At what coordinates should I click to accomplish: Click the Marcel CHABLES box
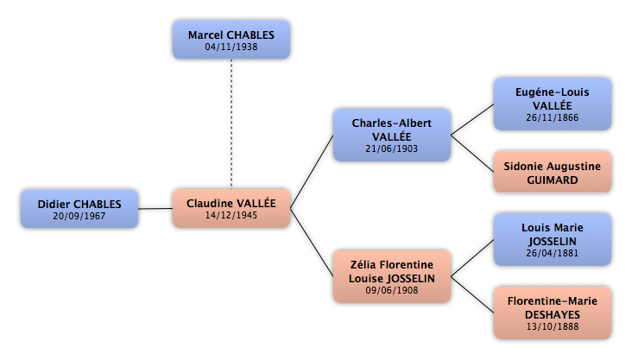point(231,40)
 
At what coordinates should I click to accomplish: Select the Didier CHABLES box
point(79,209)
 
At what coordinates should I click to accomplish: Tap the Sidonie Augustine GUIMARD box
point(553,172)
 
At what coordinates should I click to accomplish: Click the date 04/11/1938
point(231,47)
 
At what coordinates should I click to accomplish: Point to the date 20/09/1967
point(79,216)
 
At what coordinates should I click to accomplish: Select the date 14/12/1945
point(231,215)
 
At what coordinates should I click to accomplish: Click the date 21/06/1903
point(391,148)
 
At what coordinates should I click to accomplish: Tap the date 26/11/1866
point(553,117)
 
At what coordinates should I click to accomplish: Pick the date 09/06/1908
point(392,290)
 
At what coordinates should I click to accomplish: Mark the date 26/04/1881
point(553,253)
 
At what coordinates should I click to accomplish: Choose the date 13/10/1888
point(553,326)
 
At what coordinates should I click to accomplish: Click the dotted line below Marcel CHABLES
point(231,123)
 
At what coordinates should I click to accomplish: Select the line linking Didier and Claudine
point(155,208)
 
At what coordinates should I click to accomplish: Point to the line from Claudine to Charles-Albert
point(312,172)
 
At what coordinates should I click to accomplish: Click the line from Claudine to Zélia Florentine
point(312,243)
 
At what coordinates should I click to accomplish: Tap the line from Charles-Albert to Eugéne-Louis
point(472,119)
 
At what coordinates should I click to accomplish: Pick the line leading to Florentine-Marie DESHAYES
point(472,294)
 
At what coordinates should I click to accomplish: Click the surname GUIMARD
point(553,180)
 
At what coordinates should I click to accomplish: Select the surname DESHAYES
point(553,315)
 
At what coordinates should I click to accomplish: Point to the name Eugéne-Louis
point(553,92)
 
